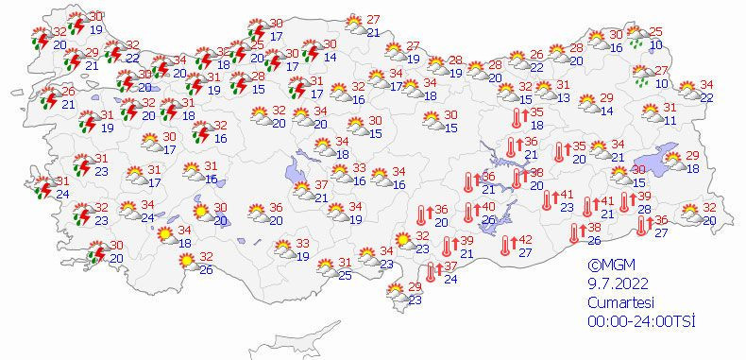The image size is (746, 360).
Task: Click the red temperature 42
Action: point(525,240)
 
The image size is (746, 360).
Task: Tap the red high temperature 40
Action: point(488,207)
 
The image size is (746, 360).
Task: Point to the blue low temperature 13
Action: point(564,98)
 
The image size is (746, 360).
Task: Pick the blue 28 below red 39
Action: point(644,209)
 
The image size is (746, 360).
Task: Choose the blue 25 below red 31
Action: point(346,275)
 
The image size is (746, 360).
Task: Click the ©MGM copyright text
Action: point(608,266)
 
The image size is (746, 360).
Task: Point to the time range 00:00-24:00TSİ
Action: point(640,321)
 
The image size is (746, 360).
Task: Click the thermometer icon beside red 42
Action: point(507,245)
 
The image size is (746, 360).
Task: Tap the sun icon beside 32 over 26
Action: point(189,261)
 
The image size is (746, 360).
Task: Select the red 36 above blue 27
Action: point(661,220)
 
